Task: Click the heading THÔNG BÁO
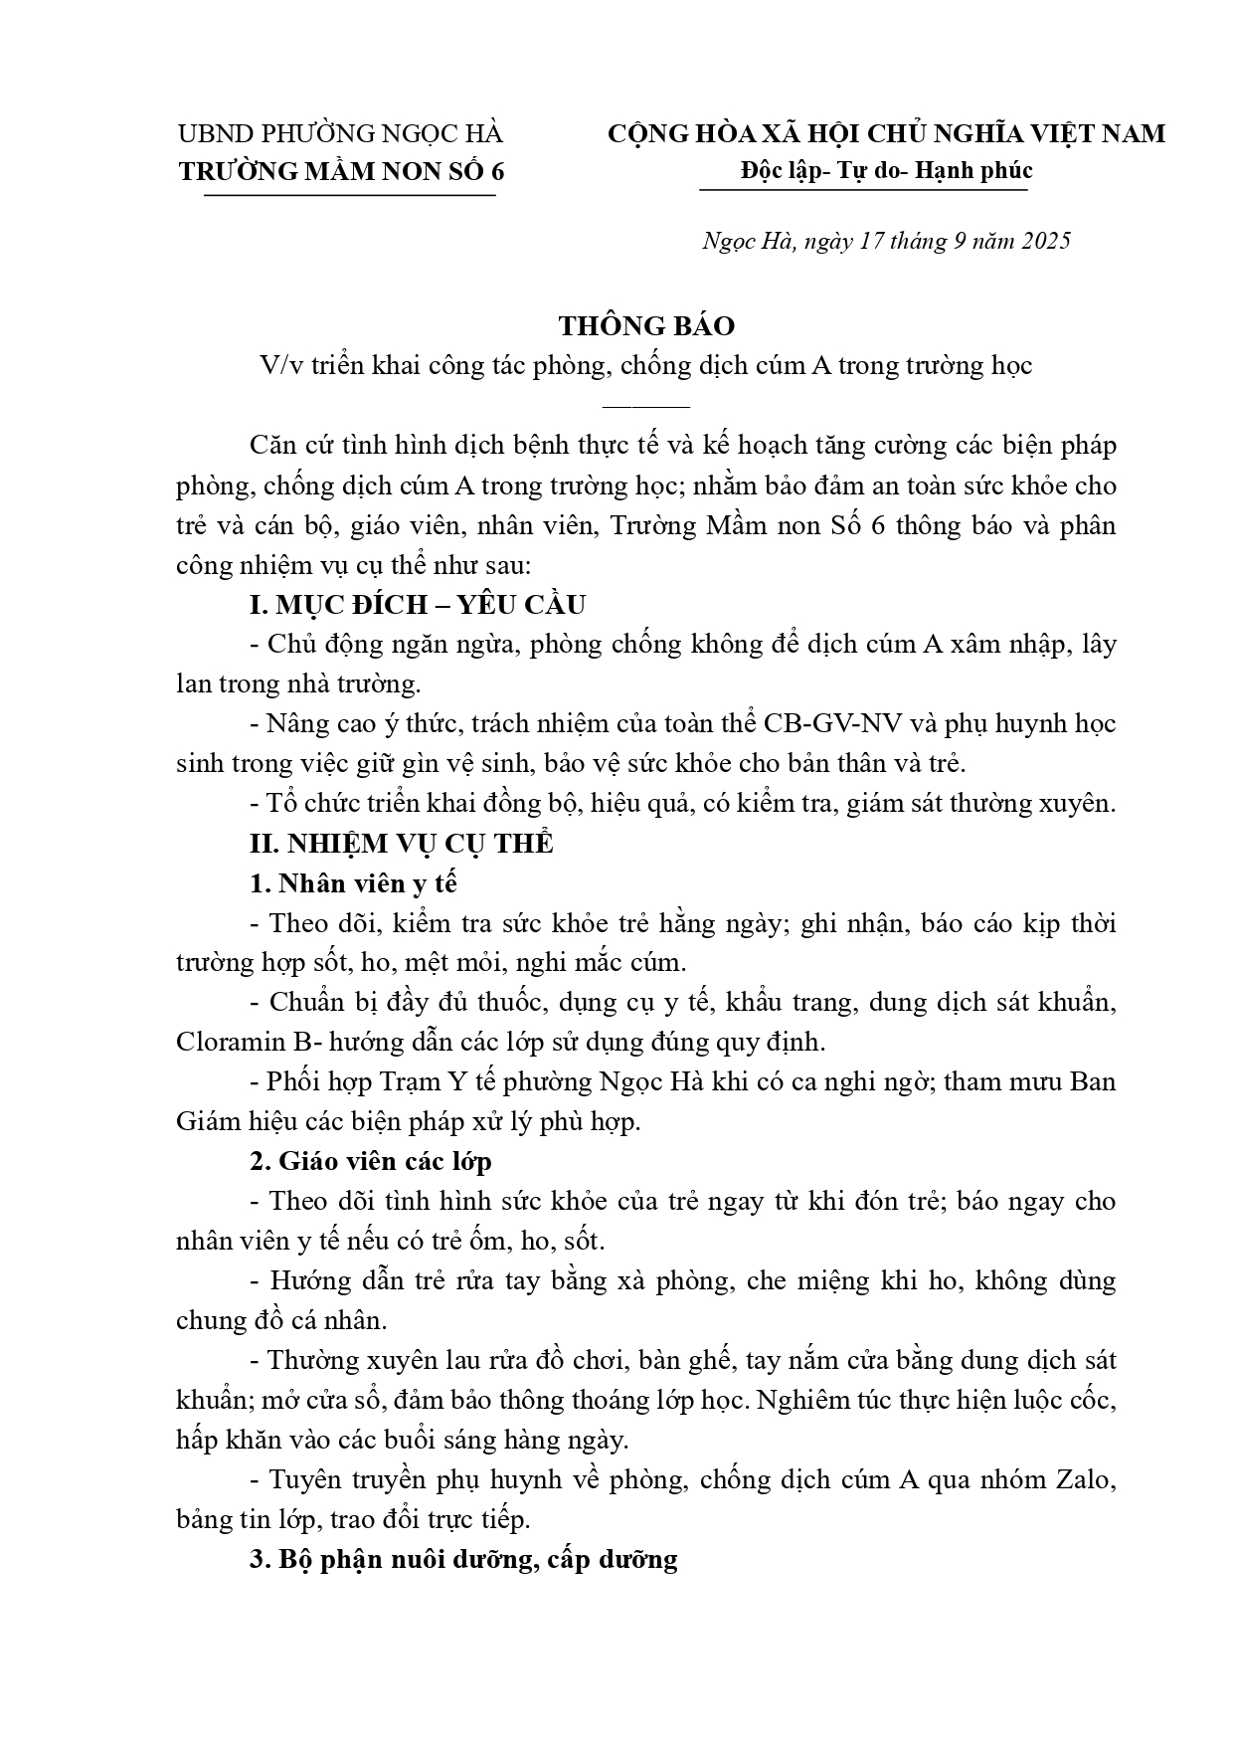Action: click(646, 326)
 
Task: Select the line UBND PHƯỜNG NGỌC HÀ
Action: click(340, 133)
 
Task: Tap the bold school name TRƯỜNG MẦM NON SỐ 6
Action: click(342, 171)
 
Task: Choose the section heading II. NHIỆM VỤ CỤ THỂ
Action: click(402, 844)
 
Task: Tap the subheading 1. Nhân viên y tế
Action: click(354, 883)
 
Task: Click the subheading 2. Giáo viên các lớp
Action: click(371, 1162)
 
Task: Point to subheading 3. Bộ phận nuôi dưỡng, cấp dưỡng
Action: click(463, 1560)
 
